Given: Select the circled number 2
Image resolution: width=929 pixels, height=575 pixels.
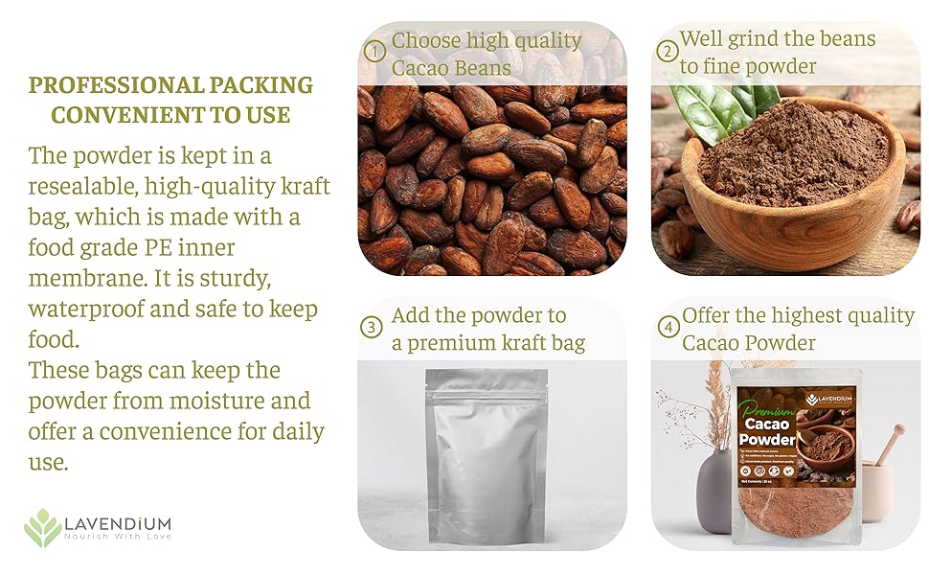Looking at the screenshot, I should (668, 50).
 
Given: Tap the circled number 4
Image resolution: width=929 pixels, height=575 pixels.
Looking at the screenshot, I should (668, 327).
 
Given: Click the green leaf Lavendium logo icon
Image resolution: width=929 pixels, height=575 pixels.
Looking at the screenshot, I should (42, 527).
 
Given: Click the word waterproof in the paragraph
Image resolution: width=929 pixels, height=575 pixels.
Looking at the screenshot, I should (90, 310).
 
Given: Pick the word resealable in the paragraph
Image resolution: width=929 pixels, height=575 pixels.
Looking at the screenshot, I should (81, 186).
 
